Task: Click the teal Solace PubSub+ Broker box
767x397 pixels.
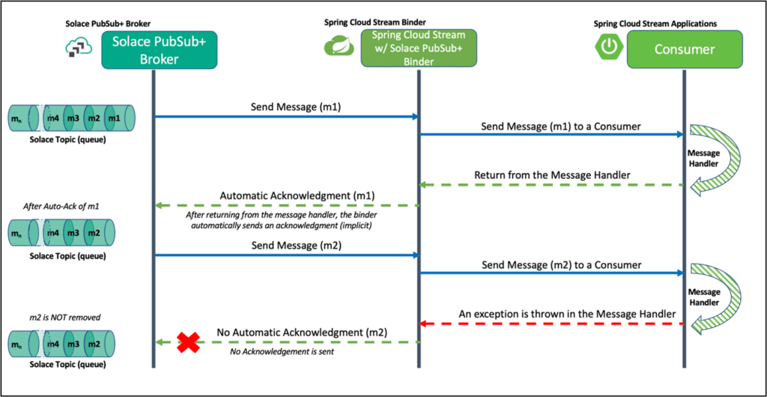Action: click(153, 49)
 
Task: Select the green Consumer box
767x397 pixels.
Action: click(684, 49)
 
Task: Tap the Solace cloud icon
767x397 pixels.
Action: click(77, 48)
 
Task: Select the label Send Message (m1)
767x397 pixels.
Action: click(285, 106)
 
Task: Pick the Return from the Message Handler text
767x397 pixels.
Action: click(551, 176)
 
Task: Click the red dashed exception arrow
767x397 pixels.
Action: click(551, 324)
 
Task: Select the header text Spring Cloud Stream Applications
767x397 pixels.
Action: click(655, 23)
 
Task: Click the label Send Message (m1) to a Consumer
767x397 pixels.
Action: click(551, 126)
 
